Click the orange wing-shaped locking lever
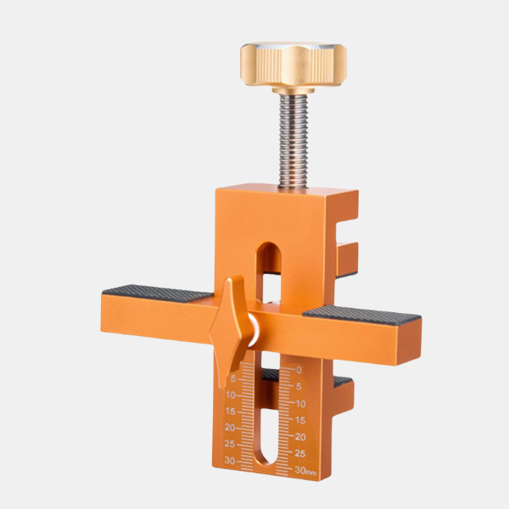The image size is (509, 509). click(232, 327)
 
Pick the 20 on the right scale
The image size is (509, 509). click(299, 437)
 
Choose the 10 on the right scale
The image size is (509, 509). click(299, 404)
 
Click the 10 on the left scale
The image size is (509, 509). click(231, 395)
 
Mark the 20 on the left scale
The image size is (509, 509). click(231, 428)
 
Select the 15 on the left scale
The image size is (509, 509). click(231, 411)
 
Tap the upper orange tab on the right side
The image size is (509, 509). click(346, 259)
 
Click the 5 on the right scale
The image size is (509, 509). click(299, 387)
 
